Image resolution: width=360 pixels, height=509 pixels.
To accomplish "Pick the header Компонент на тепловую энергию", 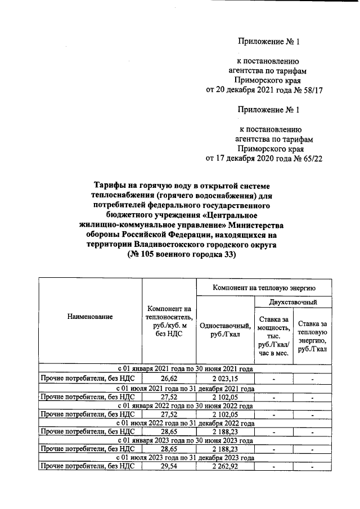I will (x=263, y=287).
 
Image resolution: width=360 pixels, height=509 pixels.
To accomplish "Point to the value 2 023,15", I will (x=224, y=379).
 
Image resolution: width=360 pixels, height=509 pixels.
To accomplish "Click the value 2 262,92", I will (x=224, y=466).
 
